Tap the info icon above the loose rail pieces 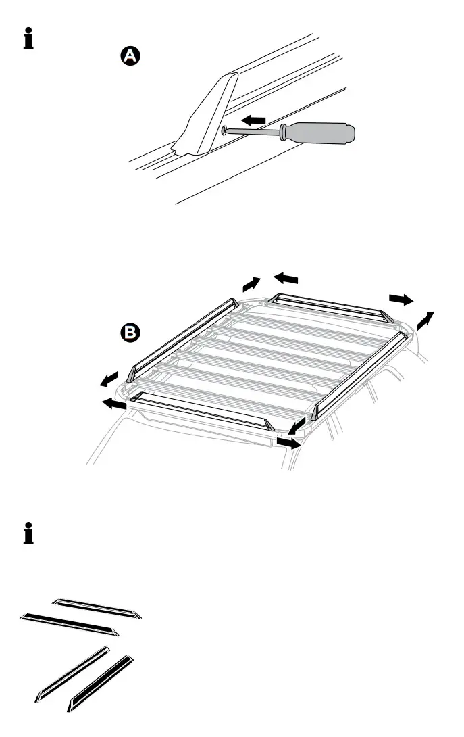(28, 533)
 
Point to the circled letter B (128, 332)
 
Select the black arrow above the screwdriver (253, 120)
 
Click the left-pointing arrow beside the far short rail (286, 277)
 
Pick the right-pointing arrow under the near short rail (288, 443)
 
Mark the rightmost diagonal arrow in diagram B (426, 320)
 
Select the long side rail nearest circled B (181, 335)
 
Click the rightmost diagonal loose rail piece (101, 683)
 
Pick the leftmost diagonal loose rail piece (73, 673)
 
